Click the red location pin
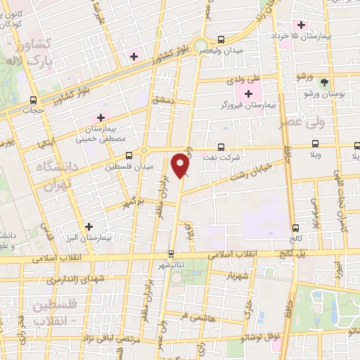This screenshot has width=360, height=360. coord(181,166)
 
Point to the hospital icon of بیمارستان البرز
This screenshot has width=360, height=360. coord(89,226)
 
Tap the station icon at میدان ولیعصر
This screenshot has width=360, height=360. coord(221,39)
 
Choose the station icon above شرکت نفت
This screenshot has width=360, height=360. coord(221,147)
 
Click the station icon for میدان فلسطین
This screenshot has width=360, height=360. coord(128,156)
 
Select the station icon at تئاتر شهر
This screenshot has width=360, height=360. coord(171,254)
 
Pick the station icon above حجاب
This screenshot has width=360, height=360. coord(34,101)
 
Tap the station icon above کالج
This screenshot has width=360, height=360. coord(295,228)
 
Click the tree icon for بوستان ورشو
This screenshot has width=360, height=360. coord(324,82)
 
